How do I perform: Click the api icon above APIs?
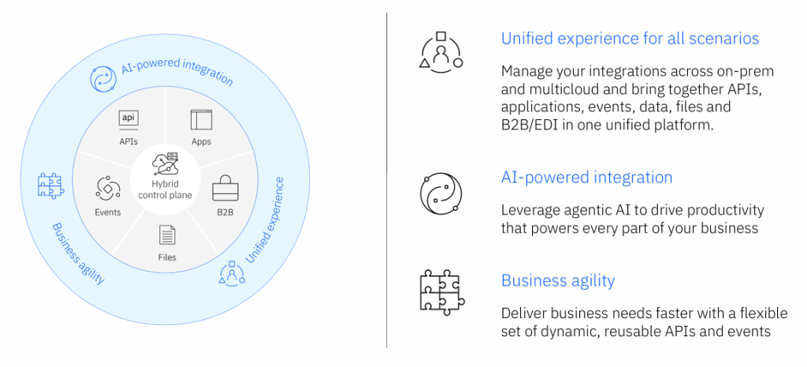[128, 118]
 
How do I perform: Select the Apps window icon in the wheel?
[201, 120]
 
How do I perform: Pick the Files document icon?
[167, 234]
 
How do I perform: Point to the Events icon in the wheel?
[107, 188]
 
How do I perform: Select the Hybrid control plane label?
[165, 189]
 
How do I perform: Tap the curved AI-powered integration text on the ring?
[177, 72]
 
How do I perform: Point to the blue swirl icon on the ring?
[105, 79]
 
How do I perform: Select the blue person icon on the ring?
[230, 273]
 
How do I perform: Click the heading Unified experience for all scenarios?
[630, 38]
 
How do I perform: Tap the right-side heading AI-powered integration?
[586, 177]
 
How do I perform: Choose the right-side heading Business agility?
[558, 280]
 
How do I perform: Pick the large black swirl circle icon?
[441, 192]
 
